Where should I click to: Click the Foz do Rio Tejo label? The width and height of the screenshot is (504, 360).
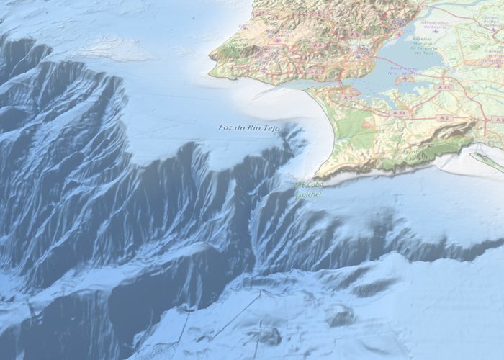pyautogui.click(x=248, y=128)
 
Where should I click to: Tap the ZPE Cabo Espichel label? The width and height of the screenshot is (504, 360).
pyautogui.click(x=307, y=189)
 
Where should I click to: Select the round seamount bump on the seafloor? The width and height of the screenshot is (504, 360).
pyautogui.click(x=338, y=315)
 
